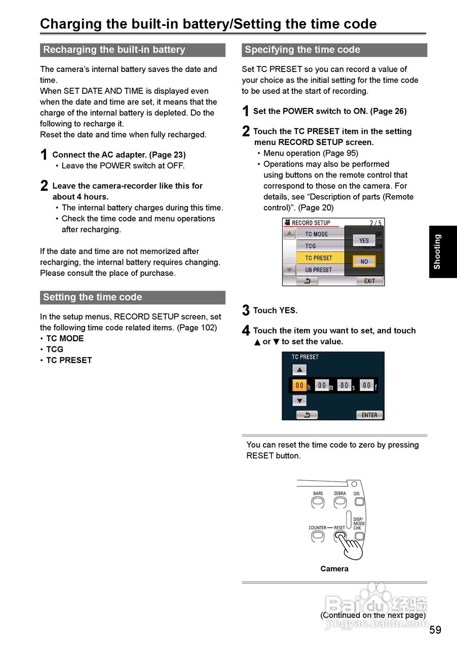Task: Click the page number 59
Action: click(435, 630)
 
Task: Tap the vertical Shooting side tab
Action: click(442, 251)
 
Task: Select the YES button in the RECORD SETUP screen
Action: click(364, 240)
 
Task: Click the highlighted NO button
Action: click(364, 262)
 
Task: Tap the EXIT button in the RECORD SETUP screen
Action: click(369, 281)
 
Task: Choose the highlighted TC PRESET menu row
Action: click(319, 258)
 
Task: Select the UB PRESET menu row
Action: click(319, 270)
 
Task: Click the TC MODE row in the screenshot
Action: click(319, 234)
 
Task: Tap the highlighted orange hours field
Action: click(299, 385)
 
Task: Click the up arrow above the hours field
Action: click(299, 370)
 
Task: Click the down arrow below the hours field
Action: click(299, 401)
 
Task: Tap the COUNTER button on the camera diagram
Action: click(318, 535)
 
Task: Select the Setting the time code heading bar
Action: click(132, 297)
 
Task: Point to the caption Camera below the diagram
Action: click(334, 569)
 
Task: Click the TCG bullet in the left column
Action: click(55, 349)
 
